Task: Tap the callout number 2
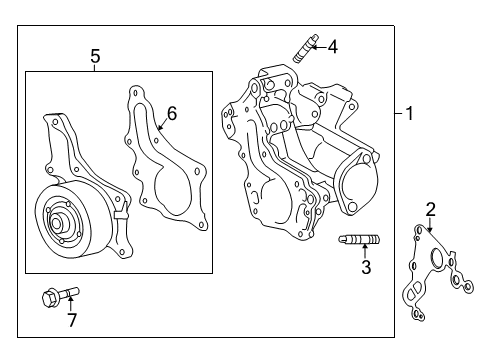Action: tap(430, 208)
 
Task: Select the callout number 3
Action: tap(366, 267)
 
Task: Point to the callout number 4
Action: tap(333, 45)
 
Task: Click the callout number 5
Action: tap(95, 57)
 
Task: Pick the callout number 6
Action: tap(171, 113)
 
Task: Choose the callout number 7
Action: tap(71, 319)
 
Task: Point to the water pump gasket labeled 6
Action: tap(165, 165)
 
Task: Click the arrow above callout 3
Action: tap(366, 251)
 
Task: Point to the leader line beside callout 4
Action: tap(320, 45)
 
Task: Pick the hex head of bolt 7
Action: tap(50, 296)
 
